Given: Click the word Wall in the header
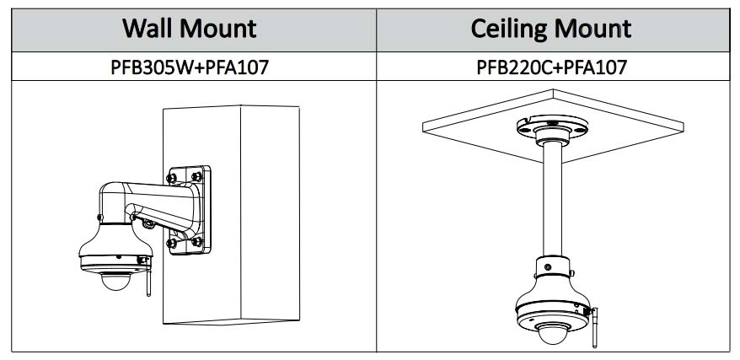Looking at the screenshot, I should click(x=154, y=29).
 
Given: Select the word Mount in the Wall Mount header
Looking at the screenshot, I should click(x=221, y=29).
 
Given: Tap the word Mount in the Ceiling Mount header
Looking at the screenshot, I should click(x=591, y=29).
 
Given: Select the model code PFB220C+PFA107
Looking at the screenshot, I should click(x=551, y=67).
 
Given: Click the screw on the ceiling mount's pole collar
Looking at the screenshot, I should click(x=546, y=267).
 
